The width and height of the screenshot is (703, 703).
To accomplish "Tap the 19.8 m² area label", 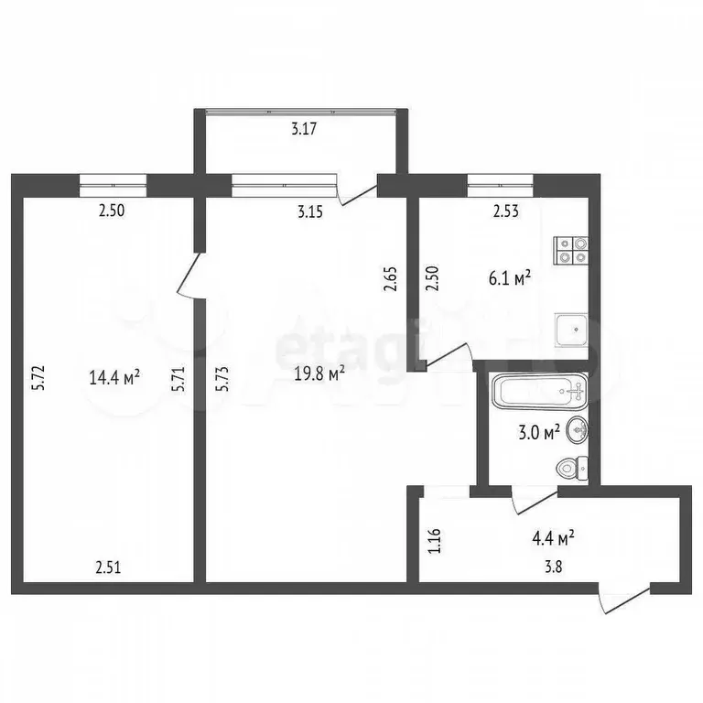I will [x=319, y=373].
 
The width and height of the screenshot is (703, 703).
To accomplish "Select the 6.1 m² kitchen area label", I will [x=511, y=278].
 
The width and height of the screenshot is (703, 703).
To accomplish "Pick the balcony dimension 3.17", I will [x=304, y=129].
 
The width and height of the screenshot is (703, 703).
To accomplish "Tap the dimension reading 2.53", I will [x=506, y=211].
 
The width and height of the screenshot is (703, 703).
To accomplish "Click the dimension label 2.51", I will [x=109, y=567].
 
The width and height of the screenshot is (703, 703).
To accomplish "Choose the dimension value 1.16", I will [x=435, y=535].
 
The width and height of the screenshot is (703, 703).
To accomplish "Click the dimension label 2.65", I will [x=391, y=278].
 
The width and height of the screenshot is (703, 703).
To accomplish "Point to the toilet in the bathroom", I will [x=571, y=470].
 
